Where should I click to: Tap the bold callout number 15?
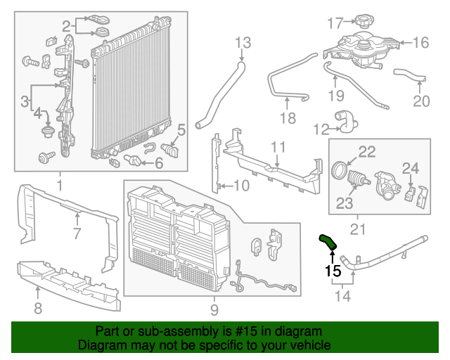click(332, 270)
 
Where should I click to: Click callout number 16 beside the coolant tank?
click(420, 43)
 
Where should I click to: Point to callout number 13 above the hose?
click(242, 43)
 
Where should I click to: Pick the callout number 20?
click(420, 101)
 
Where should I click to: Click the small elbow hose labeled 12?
click(347, 122)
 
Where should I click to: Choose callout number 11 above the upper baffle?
click(278, 147)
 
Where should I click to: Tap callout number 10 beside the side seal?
click(240, 186)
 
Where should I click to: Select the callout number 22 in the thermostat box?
click(367, 150)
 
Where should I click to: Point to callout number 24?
click(410, 167)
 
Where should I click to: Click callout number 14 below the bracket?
click(343, 296)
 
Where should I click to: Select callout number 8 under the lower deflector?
click(37, 307)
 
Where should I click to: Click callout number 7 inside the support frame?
click(77, 233)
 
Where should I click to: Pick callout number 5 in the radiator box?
click(181, 129)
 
